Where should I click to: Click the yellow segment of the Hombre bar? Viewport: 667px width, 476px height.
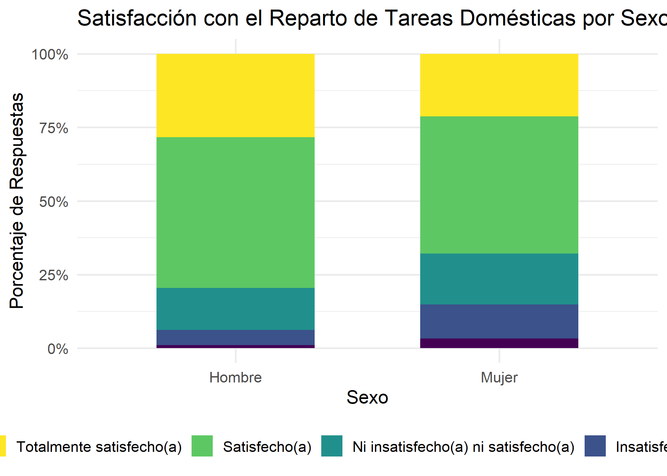point(235,96)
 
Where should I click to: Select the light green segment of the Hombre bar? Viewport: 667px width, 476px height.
point(235,213)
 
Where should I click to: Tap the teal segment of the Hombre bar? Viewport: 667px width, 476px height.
point(235,309)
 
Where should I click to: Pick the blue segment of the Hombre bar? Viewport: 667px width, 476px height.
point(235,337)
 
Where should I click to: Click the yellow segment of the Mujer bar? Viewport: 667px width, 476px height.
point(499,85)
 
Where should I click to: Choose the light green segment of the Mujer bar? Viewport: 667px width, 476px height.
point(499,185)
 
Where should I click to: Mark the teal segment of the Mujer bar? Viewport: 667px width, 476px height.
point(499,279)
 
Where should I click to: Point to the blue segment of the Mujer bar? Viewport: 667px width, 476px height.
point(499,321)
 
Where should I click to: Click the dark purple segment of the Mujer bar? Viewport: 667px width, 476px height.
point(499,343)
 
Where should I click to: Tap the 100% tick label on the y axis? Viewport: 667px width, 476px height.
point(50,55)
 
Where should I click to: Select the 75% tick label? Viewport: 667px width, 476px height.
point(54,128)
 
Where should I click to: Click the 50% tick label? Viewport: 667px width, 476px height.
point(54,202)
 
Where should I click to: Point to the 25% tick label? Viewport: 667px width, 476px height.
point(54,275)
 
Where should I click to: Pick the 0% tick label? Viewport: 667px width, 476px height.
point(58,349)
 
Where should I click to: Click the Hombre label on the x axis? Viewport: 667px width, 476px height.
point(235,377)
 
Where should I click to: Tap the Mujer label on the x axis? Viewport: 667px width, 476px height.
point(499,377)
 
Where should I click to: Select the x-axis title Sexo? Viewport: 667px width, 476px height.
point(367,397)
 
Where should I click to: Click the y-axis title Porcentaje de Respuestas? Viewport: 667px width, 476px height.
point(17,201)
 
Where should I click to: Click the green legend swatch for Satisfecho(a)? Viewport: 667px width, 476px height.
point(202,446)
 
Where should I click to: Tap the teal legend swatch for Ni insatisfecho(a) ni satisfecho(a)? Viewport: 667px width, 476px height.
point(332,446)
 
